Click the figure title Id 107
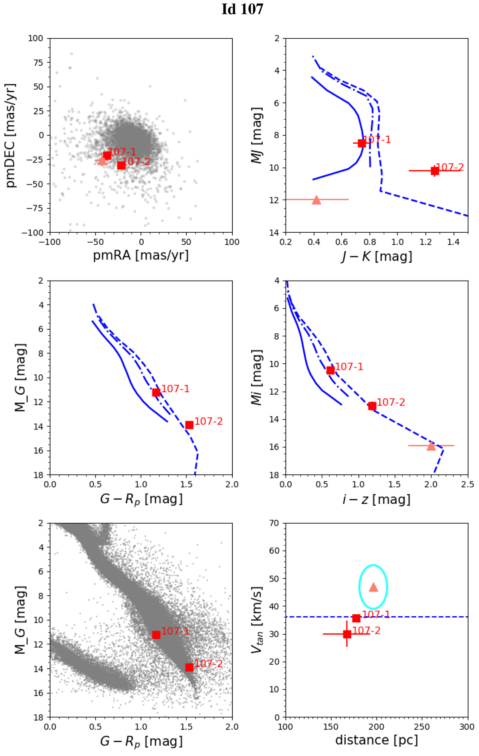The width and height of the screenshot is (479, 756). (x=242, y=9)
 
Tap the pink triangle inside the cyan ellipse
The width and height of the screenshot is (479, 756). (x=373, y=587)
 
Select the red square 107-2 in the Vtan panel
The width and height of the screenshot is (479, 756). (x=347, y=634)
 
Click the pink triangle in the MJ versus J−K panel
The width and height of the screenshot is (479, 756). (x=316, y=200)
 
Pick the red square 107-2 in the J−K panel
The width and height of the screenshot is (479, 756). (x=435, y=171)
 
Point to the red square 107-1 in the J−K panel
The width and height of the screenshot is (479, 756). (x=362, y=143)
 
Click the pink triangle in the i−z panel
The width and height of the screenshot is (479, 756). (x=431, y=446)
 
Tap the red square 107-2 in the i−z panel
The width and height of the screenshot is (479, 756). (x=372, y=406)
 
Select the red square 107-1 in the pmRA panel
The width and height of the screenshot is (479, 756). (x=107, y=155)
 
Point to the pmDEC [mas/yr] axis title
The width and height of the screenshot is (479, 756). (x=11, y=136)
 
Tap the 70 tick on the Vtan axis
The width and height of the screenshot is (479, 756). (x=274, y=523)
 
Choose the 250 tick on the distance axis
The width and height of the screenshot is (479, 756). (x=422, y=727)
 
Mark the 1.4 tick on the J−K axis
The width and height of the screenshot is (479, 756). (x=453, y=242)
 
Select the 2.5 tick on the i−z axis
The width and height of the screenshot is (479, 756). (x=467, y=485)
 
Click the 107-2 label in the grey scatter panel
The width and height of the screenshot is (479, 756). (x=208, y=663)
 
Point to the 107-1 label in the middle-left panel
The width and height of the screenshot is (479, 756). (x=175, y=389)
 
